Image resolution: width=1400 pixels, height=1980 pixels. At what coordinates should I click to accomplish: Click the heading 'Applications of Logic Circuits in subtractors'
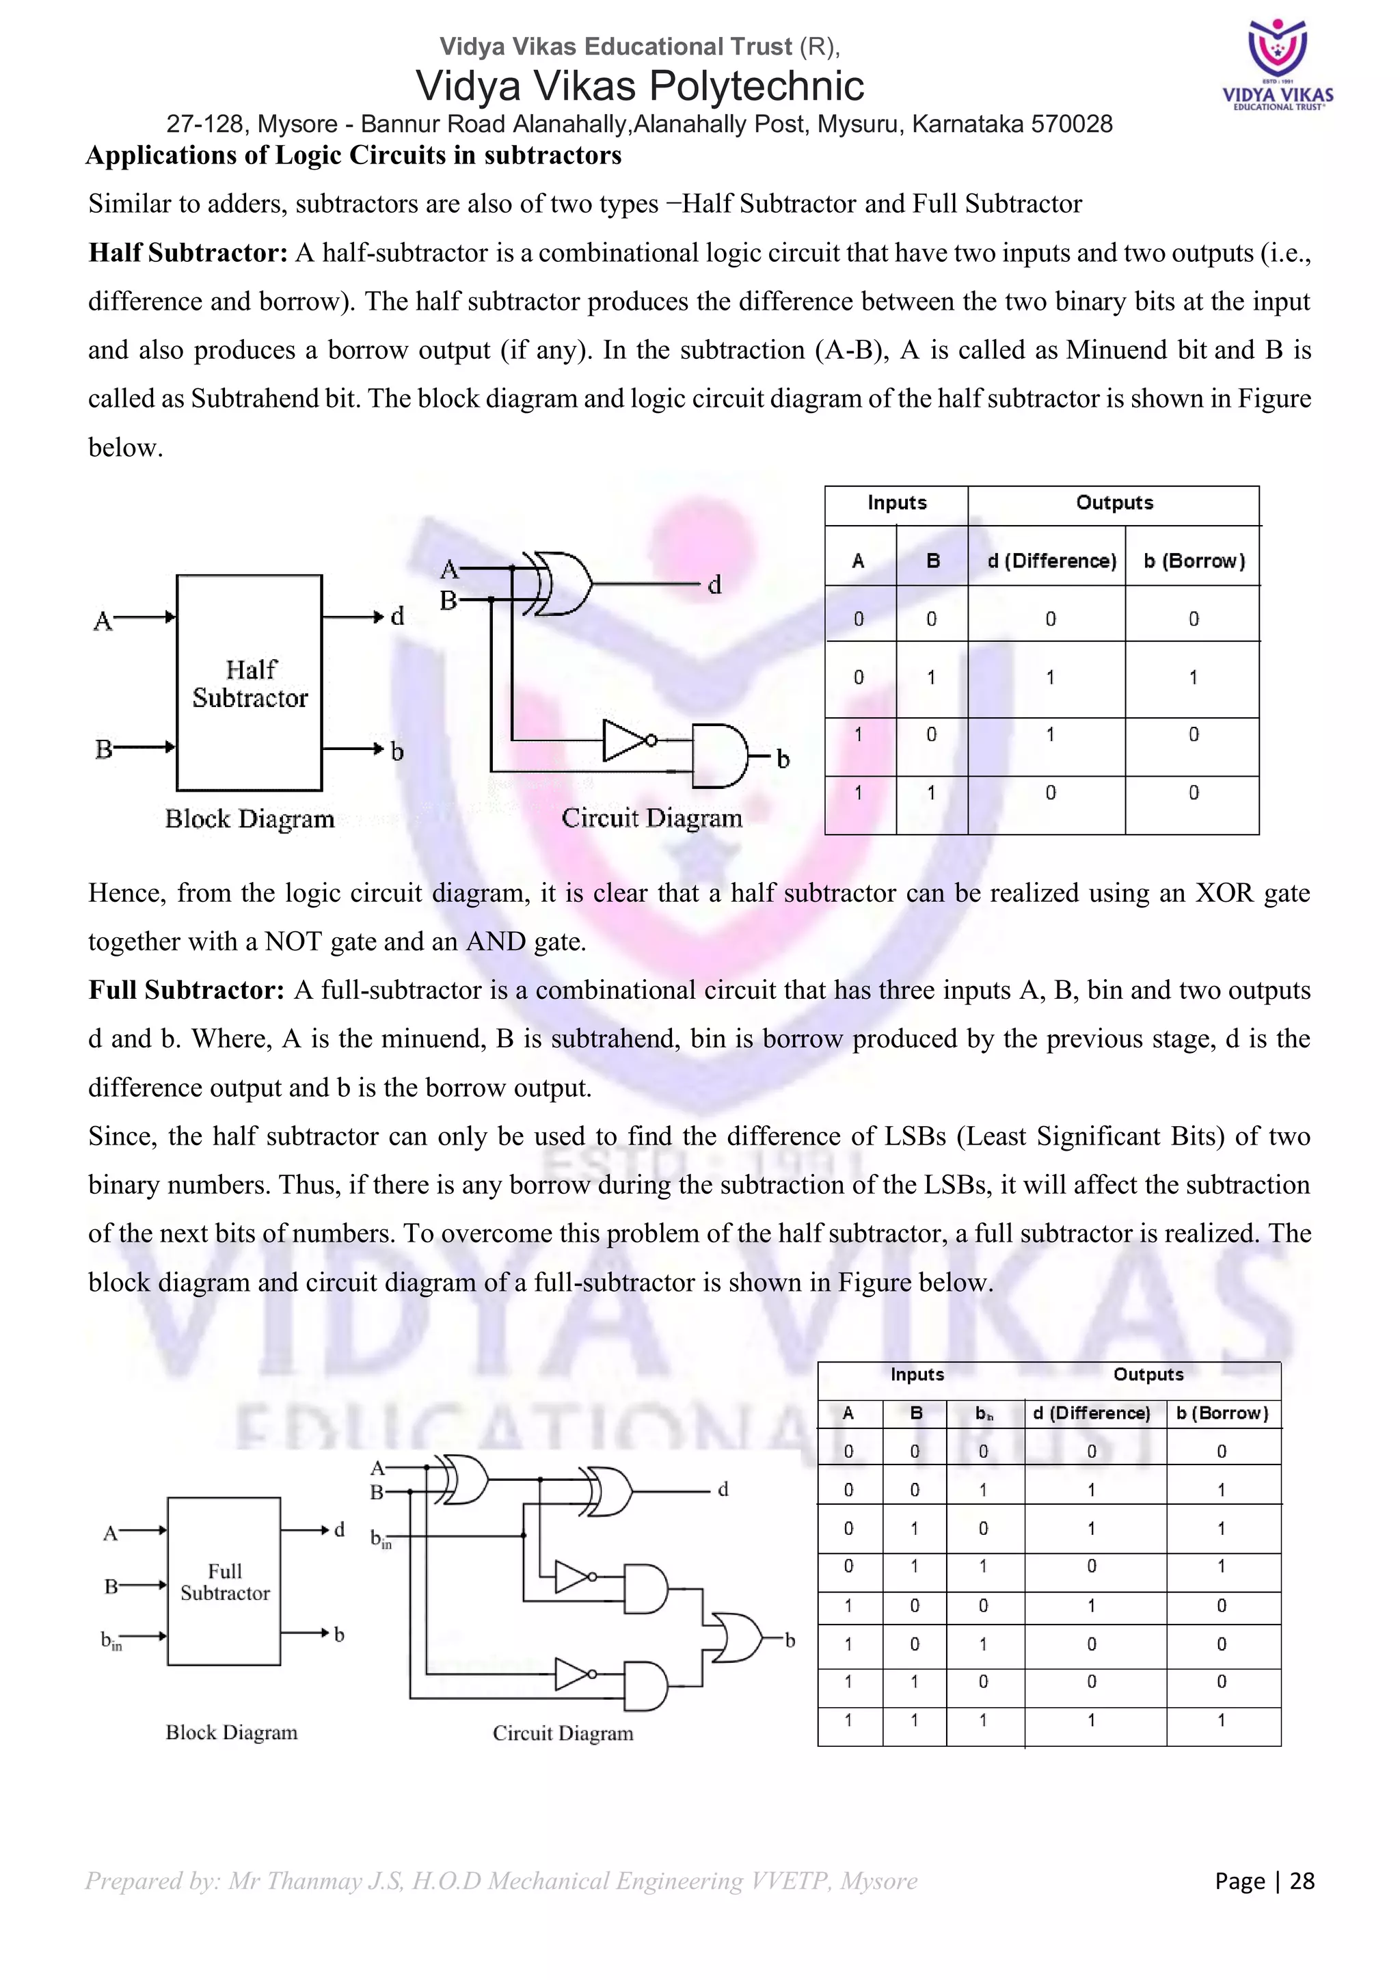(353, 155)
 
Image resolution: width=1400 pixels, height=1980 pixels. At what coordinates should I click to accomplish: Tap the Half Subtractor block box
(249, 682)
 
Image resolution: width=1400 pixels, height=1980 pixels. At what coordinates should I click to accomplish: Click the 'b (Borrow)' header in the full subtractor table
(1222, 1413)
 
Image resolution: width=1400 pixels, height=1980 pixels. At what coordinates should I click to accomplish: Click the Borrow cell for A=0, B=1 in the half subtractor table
(1193, 678)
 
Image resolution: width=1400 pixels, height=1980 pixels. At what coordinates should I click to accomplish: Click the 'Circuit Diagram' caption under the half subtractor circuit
(651, 818)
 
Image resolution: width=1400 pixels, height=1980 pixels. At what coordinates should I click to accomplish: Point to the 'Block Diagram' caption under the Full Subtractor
(231, 1732)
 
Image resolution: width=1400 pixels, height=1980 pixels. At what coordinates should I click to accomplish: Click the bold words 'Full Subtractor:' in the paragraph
(186, 990)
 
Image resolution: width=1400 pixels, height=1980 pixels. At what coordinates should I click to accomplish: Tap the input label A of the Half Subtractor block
(103, 621)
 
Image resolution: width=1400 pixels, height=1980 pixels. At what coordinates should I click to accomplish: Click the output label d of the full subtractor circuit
(723, 1489)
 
